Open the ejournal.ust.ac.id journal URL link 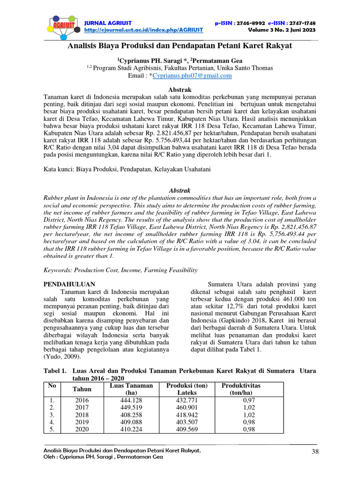pos(143,30)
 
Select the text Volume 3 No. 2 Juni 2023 pos(282,30)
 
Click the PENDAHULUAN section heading pos(69,284)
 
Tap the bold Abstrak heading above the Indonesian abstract pos(180,89)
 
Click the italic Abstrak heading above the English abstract pos(180,191)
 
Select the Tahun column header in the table pos(82,389)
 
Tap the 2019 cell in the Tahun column pos(82,422)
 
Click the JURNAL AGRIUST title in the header pos(108,22)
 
